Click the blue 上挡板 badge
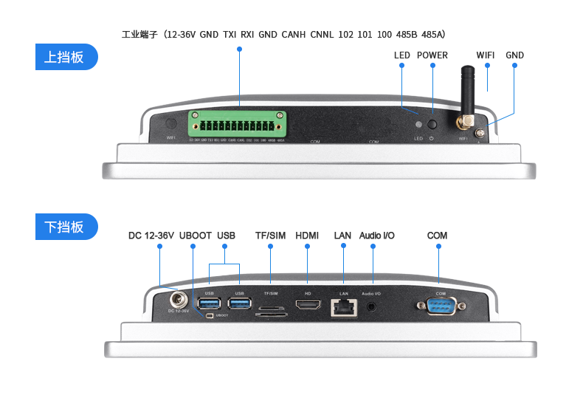point(66,58)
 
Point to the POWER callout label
point(432,55)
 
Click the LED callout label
point(401,55)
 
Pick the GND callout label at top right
point(514,55)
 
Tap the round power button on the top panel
point(432,126)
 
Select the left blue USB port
point(208,304)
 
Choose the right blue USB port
point(240,304)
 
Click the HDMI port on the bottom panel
point(308,304)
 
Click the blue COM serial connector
point(441,306)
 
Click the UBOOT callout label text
point(194,236)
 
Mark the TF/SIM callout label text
point(270,236)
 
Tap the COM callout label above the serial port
point(437,236)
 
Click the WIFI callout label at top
point(485,55)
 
